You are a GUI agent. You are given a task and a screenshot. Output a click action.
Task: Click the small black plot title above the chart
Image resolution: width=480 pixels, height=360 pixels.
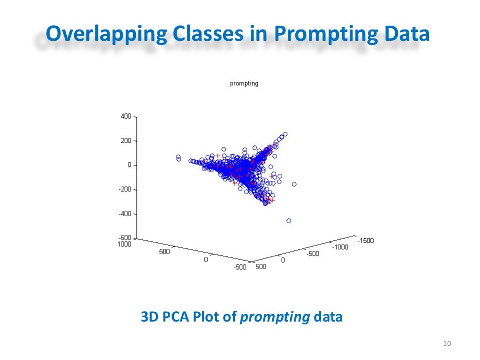(x=244, y=84)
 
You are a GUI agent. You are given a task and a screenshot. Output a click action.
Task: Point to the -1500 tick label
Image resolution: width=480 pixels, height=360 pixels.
(x=366, y=240)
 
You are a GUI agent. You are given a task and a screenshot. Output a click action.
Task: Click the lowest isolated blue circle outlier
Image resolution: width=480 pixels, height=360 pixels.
(x=289, y=220)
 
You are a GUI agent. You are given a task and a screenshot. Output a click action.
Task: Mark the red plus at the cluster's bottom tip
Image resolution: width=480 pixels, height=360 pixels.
(x=271, y=200)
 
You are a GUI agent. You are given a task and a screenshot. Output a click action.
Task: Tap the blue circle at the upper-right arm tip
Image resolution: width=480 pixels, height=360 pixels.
(x=285, y=134)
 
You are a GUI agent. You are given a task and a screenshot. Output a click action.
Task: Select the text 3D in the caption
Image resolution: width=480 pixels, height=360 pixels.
(x=150, y=317)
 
